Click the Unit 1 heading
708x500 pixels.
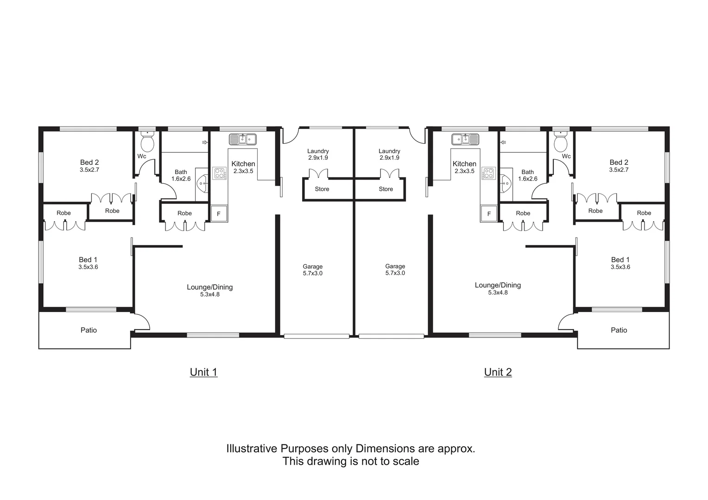pyautogui.click(x=203, y=372)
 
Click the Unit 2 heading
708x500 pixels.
pyautogui.click(x=498, y=372)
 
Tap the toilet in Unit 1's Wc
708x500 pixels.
pyautogui.click(x=147, y=143)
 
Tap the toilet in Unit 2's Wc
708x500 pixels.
pyautogui.click(x=561, y=143)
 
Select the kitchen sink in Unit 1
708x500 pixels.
pyautogui.click(x=243, y=139)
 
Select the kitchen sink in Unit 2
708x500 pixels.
pyautogui.click(x=465, y=139)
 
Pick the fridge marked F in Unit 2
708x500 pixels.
pyautogui.click(x=488, y=214)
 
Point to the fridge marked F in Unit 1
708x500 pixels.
pyautogui.click(x=219, y=214)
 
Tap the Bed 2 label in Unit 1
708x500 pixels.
pyautogui.click(x=89, y=162)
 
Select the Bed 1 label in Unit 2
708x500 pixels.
pyautogui.click(x=620, y=260)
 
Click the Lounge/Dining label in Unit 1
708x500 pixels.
pyautogui.click(x=209, y=287)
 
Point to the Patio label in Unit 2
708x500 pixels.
pyautogui.click(x=619, y=330)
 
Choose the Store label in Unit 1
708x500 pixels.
pyautogui.click(x=322, y=189)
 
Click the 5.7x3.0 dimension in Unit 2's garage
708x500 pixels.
pyautogui.click(x=395, y=273)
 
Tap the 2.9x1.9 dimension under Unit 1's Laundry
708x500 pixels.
pyautogui.click(x=318, y=158)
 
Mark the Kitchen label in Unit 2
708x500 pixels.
pyautogui.click(x=464, y=164)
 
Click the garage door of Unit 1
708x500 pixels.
pyautogui.click(x=316, y=337)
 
